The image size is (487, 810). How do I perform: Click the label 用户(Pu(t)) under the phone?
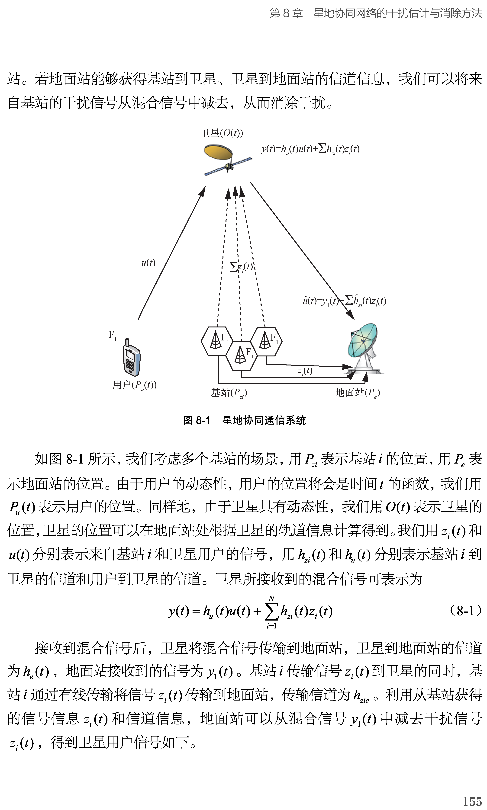coord(135,385)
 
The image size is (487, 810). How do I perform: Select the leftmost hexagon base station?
coord(217,341)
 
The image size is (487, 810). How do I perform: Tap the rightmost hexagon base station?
coord(266,341)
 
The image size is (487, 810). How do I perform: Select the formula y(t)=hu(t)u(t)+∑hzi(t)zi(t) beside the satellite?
coord(310,149)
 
